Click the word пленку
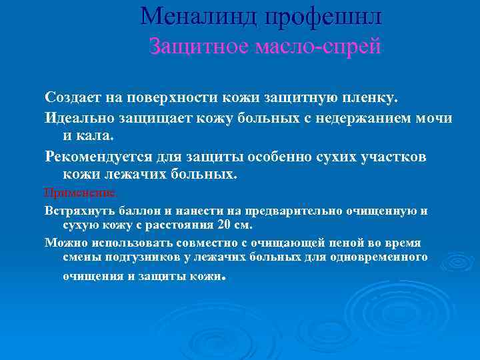[369, 97]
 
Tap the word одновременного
[384, 257]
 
